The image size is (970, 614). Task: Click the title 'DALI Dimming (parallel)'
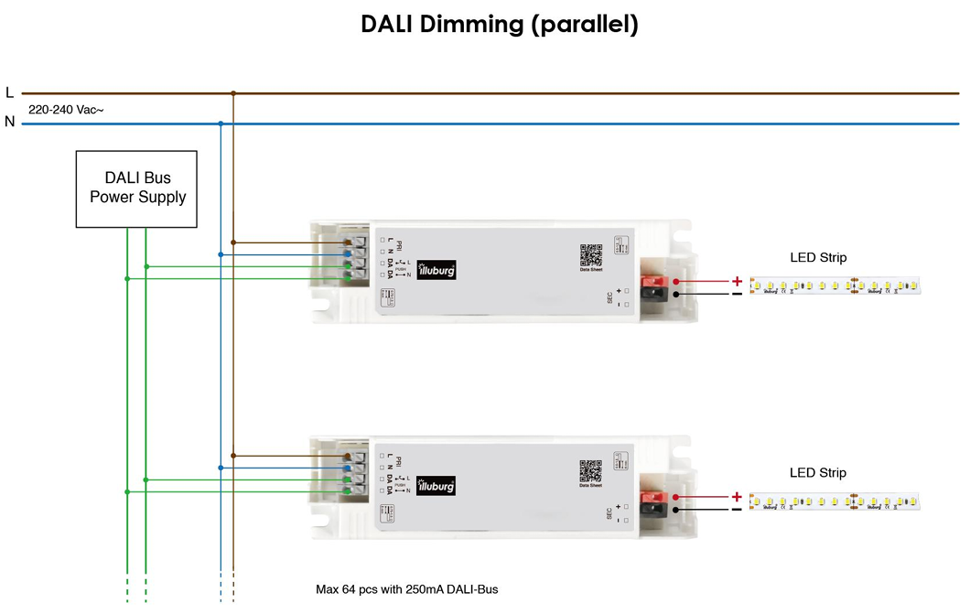coord(499,25)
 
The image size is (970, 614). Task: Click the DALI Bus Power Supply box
coord(137,188)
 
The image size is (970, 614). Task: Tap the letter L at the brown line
coord(9,92)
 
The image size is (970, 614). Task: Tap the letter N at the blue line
coord(9,122)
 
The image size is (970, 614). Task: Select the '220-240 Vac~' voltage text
coord(66,109)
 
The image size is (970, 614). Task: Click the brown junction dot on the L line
coord(233,92)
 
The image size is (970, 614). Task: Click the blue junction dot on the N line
coord(221,123)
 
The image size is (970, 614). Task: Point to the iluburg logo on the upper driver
coord(436,270)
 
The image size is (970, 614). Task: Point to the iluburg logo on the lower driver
coord(436,485)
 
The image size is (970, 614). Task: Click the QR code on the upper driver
coord(591,255)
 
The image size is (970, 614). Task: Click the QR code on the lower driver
coord(591,470)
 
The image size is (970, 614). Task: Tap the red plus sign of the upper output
coord(737,281)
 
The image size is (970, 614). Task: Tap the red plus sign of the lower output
coord(737,496)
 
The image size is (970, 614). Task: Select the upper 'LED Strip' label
coord(818,258)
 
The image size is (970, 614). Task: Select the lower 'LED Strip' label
coord(818,473)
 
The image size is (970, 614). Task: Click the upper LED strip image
coord(835,286)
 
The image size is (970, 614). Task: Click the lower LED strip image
coord(835,501)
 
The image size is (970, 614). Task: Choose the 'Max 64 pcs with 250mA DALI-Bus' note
coord(407,589)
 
